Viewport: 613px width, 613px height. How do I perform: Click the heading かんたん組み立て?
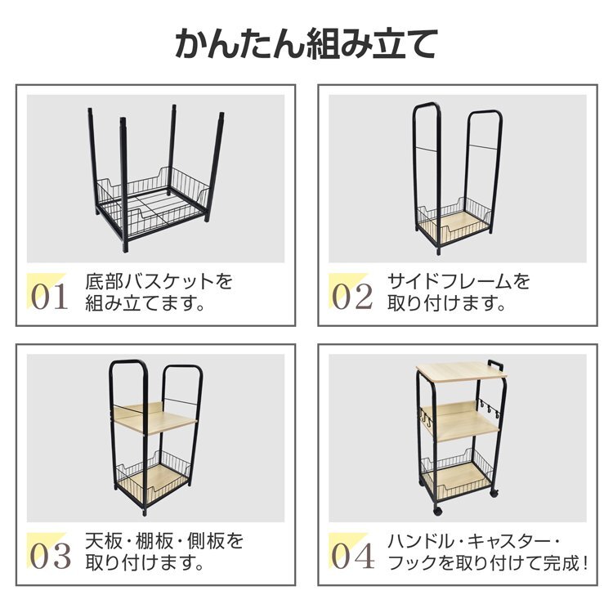(x=306, y=44)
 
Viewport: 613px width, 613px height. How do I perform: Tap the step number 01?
(x=49, y=298)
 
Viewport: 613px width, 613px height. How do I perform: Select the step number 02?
(x=351, y=298)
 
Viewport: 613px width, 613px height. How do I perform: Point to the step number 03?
(x=51, y=557)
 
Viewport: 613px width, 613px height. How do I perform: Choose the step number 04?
(x=352, y=557)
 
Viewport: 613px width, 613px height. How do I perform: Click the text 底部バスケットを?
(x=159, y=281)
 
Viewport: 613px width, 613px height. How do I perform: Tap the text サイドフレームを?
(x=459, y=281)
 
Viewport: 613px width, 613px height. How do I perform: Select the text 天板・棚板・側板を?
(x=164, y=541)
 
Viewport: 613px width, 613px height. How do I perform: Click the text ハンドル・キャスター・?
(x=474, y=541)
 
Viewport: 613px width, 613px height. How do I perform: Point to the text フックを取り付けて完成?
(x=488, y=563)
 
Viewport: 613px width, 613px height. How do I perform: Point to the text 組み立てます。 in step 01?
(x=145, y=303)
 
